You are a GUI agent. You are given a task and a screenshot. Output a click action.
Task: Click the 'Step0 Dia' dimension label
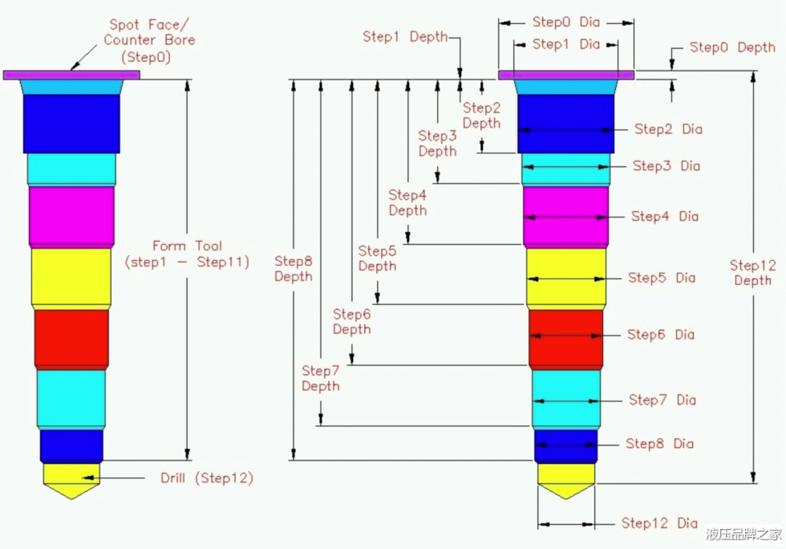point(566,22)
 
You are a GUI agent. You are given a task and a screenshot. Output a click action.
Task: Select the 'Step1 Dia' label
point(566,44)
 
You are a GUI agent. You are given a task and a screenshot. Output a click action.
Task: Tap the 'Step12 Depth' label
point(752,273)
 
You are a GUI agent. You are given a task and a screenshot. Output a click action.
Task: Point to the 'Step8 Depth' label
point(294,269)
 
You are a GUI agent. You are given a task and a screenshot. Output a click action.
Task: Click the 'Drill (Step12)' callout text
point(207,478)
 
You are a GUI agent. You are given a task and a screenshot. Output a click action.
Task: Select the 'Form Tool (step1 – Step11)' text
point(187,254)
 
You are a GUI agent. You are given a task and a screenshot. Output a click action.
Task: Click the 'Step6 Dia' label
point(661,335)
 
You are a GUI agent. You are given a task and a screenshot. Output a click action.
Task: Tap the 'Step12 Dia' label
point(659,523)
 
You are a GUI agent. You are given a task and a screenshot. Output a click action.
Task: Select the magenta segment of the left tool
point(71,215)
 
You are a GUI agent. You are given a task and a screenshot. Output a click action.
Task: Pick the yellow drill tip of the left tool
point(71,478)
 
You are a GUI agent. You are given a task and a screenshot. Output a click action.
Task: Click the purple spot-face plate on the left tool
point(71,75)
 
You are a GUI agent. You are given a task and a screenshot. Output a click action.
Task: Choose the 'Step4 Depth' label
point(407,202)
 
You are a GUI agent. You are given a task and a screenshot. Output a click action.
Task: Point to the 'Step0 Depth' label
point(732,47)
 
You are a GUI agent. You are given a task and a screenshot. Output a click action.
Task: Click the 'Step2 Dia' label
point(668,128)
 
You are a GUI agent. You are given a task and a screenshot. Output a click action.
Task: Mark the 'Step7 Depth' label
point(321,378)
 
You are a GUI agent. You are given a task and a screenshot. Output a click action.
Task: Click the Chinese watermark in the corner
point(743,534)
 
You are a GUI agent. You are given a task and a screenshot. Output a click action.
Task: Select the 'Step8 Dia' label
point(660,444)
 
